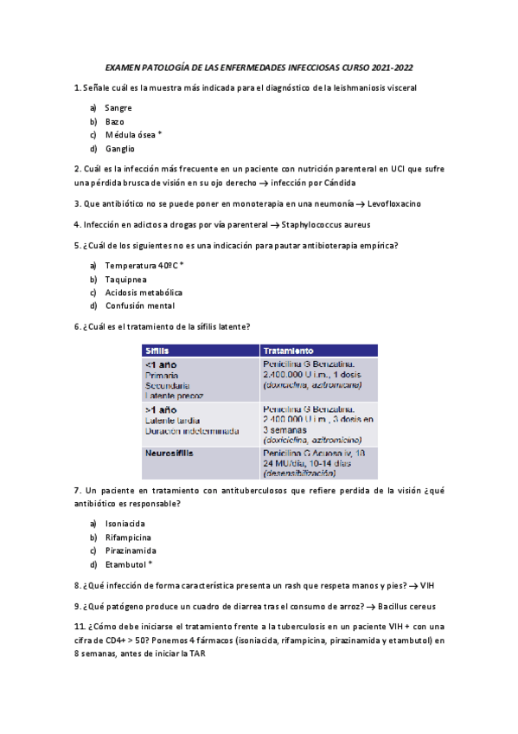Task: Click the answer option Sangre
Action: [x=118, y=107]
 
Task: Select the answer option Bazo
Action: [x=115, y=121]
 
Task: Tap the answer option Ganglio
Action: [x=119, y=149]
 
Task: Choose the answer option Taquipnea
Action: [x=125, y=279]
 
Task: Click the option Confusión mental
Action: [x=139, y=306]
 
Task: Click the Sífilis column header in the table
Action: [x=157, y=351]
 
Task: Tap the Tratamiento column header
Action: [x=288, y=351]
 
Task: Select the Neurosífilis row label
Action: [x=169, y=453]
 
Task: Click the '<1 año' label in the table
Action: [x=160, y=364]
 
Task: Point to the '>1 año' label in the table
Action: [x=160, y=409]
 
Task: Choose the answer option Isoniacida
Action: [x=125, y=524]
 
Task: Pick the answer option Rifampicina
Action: [x=129, y=537]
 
